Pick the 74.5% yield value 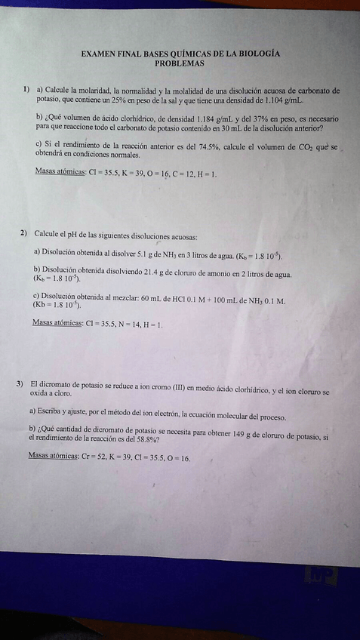tap(202, 146)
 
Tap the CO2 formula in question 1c tap(305, 146)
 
